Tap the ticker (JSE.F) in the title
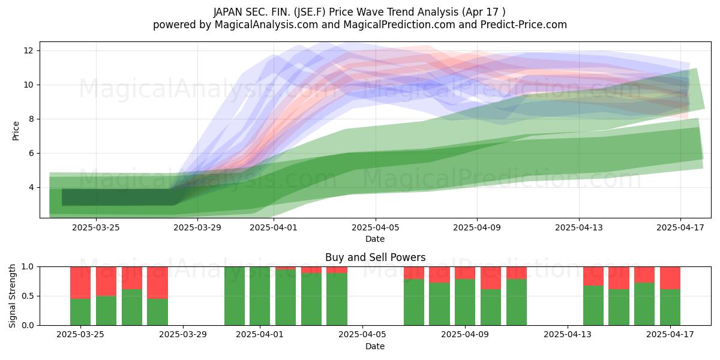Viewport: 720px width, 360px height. pos(308,12)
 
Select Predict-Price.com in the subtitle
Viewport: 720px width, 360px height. pos(524,25)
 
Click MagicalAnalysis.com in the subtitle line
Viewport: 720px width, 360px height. pos(266,25)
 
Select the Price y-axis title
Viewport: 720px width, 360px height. pos(16,131)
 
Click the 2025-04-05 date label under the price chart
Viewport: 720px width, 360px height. pos(375,227)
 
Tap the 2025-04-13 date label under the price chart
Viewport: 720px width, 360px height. pos(579,227)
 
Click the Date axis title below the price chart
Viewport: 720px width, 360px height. pos(375,239)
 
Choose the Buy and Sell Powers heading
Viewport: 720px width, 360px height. pos(375,257)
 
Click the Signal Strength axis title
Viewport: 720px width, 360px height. pos(12,296)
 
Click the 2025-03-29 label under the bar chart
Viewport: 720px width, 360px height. pos(183,334)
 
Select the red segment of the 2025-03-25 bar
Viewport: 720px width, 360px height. pos(80,283)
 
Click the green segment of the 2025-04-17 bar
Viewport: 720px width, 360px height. pos(670,307)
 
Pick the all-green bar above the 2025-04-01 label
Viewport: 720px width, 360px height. pos(260,296)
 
